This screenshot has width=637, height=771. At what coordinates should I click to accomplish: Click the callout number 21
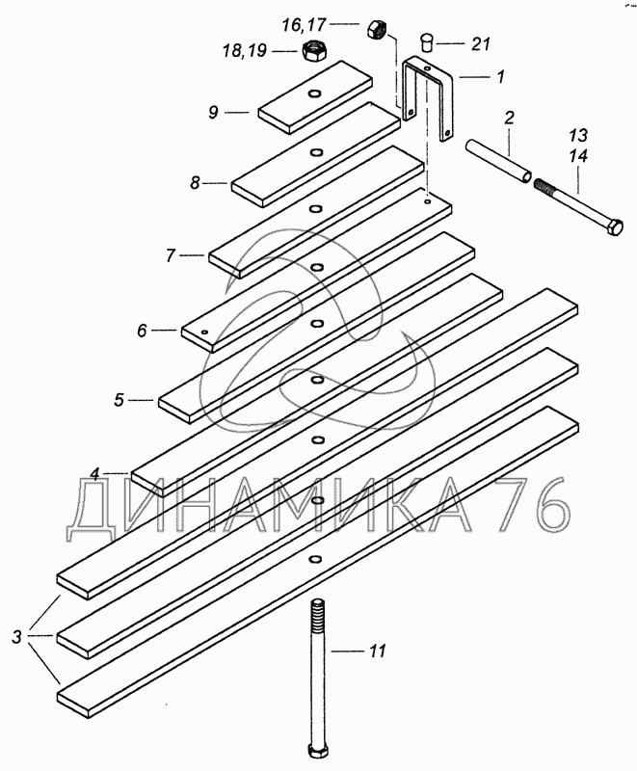(x=481, y=43)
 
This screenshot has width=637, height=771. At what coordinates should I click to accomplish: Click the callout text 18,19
(x=245, y=50)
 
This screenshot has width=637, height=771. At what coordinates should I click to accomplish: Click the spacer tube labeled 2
(x=498, y=161)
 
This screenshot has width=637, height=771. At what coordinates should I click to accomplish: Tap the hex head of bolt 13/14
(x=616, y=227)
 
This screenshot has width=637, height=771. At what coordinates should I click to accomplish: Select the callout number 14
(x=579, y=157)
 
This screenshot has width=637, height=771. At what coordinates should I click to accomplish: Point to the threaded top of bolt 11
(x=317, y=615)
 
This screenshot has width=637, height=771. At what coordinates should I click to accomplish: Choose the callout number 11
(x=377, y=651)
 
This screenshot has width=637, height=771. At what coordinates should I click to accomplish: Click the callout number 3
(x=17, y=638)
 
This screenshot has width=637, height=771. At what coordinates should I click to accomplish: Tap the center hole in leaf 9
(x=313, y=93)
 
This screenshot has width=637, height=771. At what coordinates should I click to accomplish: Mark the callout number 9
(x=213, y=113)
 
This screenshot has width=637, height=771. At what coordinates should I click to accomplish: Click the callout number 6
(x=142, y=331)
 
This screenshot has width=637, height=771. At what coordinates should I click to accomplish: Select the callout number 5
(x=119, y=400)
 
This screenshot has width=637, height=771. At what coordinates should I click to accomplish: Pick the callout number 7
(x=170, y=255)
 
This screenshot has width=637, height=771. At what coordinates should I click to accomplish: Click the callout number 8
(x=195, y=183)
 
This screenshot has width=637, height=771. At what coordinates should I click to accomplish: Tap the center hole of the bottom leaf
(x=314, y=559)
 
